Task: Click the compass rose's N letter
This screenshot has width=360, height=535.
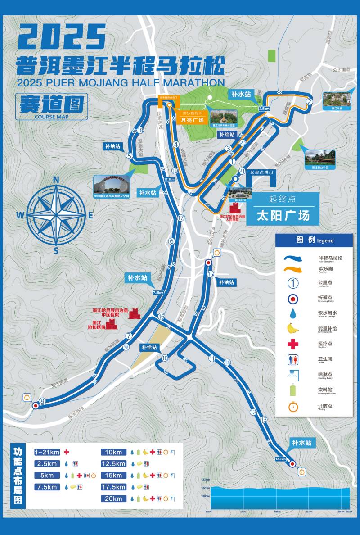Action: tap(56, 180)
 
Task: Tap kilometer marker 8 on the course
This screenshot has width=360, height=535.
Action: tap(42, 401)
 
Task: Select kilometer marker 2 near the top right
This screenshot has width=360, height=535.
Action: tap(309, 101)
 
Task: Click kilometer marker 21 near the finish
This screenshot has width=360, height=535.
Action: tap(242, 171)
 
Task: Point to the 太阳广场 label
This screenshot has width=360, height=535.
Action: tap(283, 215)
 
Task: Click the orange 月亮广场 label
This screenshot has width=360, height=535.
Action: tap(192, 120)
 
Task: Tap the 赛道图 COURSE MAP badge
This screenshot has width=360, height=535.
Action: tap(51, 106)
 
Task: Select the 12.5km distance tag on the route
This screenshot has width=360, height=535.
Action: tap(280, 459)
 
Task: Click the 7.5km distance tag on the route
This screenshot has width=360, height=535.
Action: tap(158, 293)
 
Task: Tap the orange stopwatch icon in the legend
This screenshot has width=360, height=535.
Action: tap(293, 406)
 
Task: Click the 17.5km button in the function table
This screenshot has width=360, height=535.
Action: tap(113, 487)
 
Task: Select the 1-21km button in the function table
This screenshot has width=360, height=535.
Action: tap(47, 452)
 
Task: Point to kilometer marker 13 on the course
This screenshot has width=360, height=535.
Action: tap(264, 420)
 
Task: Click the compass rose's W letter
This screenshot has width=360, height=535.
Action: tap(20, 216)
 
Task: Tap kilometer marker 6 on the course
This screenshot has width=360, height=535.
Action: tap(171, 241)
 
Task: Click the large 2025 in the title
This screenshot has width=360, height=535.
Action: tap(62, 37)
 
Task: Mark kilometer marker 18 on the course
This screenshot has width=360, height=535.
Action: tap(140, 131)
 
